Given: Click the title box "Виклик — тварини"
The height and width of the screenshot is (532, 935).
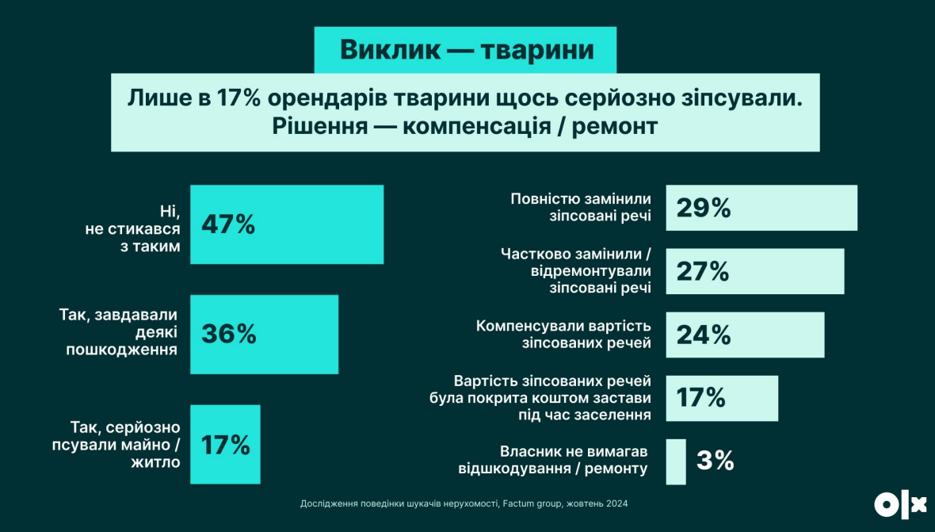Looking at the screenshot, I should [466, 50].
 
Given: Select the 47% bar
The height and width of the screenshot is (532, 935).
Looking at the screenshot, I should [287, 224].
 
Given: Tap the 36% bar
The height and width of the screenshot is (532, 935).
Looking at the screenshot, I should [264, 334].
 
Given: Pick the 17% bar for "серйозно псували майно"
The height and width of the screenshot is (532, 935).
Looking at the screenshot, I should [225, 444].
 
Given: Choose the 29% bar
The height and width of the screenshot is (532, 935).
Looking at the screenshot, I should [761, 208].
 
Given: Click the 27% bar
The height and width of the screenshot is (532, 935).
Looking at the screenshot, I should [754, 271].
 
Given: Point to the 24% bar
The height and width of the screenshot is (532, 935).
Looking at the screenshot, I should [745, 335].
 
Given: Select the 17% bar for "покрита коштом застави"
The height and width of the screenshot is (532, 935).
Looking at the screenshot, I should [721, 398].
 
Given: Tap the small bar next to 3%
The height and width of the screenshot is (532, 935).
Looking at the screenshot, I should [675, 461].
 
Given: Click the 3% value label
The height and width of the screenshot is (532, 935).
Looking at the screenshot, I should [715, 461].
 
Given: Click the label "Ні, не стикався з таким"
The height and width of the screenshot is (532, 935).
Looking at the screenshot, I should [133, 228].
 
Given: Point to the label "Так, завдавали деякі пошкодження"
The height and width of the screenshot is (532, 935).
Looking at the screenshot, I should [119, 332].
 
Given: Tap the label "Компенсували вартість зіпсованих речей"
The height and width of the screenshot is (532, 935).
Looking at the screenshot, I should [563, 334].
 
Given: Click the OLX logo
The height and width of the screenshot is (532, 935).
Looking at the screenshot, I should [900, 505].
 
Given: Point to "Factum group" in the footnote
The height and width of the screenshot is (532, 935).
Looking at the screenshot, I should [530, 503].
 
